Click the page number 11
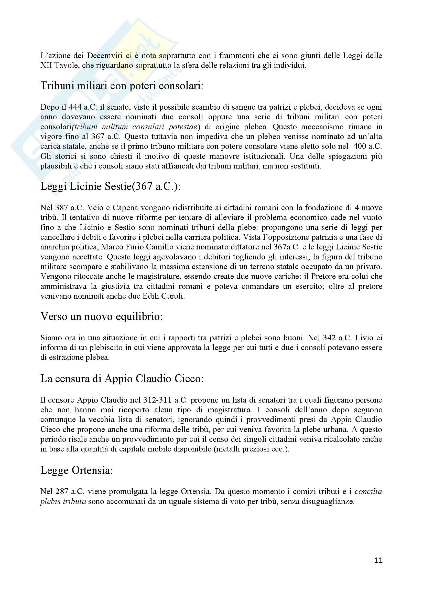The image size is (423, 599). pyautogui.click(x=378, y=560)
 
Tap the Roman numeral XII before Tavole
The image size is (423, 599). pyautogui.click(x=46, y=65)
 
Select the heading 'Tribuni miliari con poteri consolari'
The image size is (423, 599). pyautogui.click(x=122, y=86)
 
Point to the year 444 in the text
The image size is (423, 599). pyautogui.click(x=75, y=107)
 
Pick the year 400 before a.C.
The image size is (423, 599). pyautogui.click(x=359, y=146)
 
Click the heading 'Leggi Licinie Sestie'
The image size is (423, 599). pyautogui.click(x=110, y=186)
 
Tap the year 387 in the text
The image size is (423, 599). pyautogui.click(x=61, y=208)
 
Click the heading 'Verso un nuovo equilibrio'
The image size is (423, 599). pyautogui.click(x=101, y=317)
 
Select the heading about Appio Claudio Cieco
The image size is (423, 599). pyautogui.click(x=122, y=379)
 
